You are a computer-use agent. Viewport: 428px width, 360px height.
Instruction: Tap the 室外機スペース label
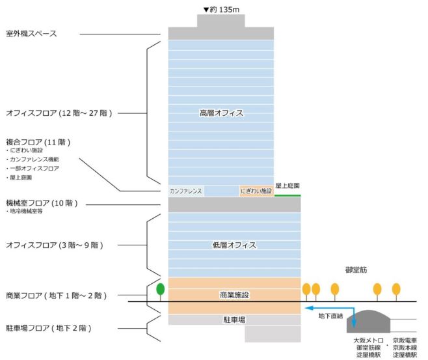(x=31, y=34)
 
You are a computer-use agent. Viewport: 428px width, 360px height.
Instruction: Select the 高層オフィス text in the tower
(x=221, y=113)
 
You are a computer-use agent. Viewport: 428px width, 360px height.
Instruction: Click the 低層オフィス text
(x=234, y=245)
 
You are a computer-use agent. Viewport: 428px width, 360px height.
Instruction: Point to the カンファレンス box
(x=186, y=191)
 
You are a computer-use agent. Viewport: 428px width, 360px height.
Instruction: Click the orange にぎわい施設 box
(x=256, y=191)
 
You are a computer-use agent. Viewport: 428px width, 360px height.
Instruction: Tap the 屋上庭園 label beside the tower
(x=288, y=186)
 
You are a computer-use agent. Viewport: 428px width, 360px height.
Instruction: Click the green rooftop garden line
(x=288, y=195)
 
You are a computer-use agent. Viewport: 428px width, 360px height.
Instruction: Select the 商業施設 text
(x=234, y=295)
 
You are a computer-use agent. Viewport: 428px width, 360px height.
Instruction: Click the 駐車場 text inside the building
(x=234, y=320)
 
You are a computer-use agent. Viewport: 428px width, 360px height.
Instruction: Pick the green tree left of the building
(x=161, y=290)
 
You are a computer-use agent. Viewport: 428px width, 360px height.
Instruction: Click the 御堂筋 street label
(x=356, y=270)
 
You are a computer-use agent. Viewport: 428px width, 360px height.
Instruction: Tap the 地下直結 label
(x=330, y=316)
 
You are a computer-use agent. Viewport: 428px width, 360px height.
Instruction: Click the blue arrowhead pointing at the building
(x=308, y=308)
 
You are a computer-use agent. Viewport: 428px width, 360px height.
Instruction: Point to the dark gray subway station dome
(x=368, y=322)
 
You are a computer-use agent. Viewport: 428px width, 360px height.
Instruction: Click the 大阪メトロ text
(x=368, y=340)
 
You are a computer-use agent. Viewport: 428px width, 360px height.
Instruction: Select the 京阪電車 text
(x=405, y=340)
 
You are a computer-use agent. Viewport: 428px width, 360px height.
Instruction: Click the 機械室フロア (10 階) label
(x=42, y=203)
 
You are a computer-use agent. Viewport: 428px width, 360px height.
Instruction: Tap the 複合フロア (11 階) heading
(x=38, y=142)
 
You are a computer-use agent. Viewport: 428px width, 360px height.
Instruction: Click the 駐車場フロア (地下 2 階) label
(x=49, y=328)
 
